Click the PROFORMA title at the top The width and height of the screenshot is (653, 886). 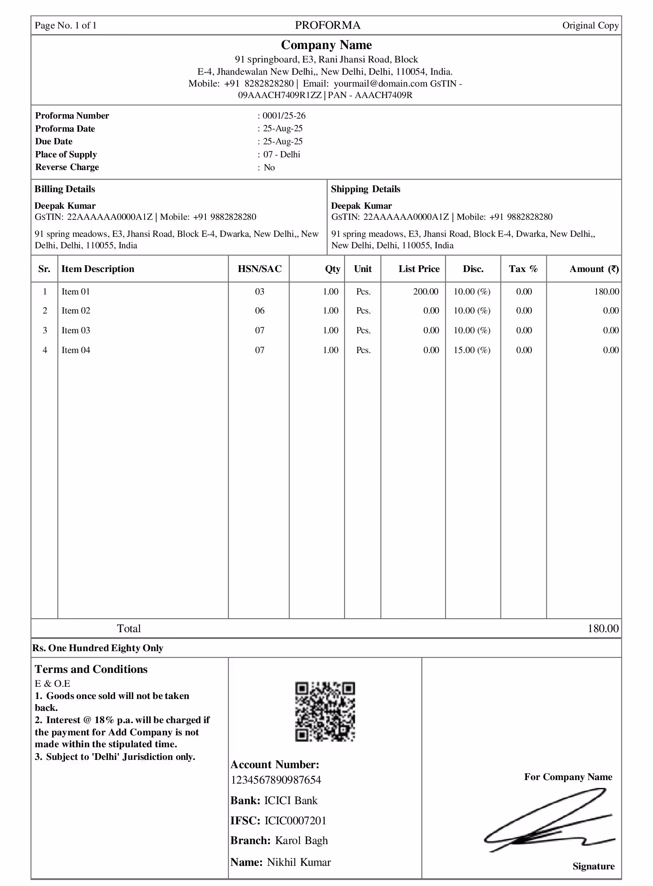coord(327,25)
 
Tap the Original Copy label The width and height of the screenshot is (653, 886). coord(590,26)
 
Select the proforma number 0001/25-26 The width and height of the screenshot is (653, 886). coord(284,115)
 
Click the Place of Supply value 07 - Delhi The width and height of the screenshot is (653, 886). coord(281,154)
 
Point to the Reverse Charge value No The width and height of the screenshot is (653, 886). coord(269,167)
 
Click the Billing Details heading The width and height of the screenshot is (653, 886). coord(65,189)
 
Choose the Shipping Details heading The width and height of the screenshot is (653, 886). coord(365,189)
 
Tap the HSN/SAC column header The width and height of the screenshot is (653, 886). coord(259,269)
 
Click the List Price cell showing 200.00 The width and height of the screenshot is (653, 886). coord(425,291)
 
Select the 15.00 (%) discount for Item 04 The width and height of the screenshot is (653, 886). coord(472,350)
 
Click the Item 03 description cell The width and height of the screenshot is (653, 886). coord(76,330)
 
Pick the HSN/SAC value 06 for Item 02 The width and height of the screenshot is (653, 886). coord(259,310)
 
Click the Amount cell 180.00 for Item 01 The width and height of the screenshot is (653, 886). coord(606,291)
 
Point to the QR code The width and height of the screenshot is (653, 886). coord(325,711)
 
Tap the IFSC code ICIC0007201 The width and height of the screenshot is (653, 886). coord(295,820)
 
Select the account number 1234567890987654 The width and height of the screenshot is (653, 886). coord(275,780)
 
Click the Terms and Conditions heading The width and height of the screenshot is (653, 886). coord(91,669)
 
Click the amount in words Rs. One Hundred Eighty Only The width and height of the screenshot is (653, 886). coord(98,648)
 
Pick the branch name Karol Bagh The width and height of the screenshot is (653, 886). coord(301,840)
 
